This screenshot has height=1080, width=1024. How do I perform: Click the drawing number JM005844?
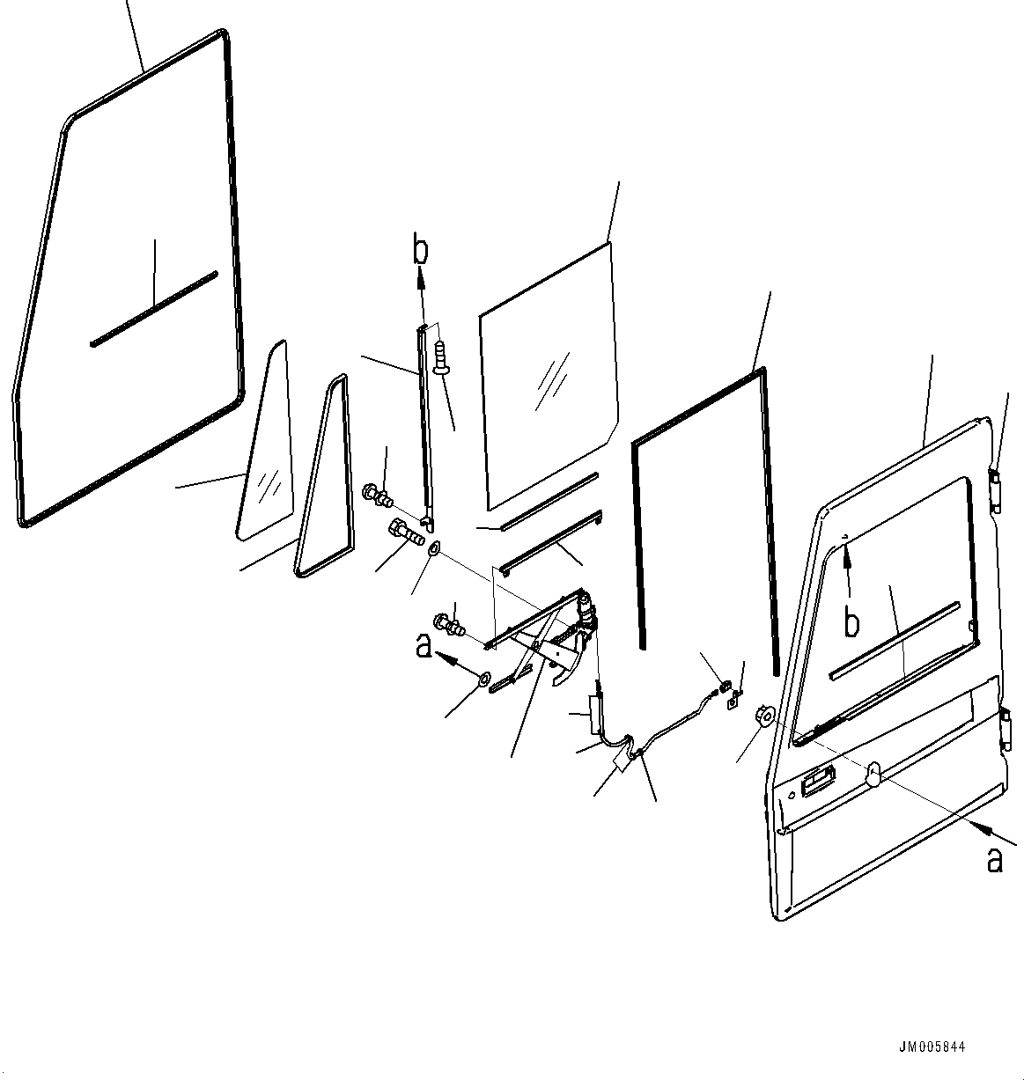(x=932, y=1047)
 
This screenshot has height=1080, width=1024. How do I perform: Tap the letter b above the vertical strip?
(x=421, y=251)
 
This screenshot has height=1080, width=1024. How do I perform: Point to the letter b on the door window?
(x=851, y=622)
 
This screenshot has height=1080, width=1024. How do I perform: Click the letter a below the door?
(x=995, y=861)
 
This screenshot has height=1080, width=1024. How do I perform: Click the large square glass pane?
(x=549, y=377)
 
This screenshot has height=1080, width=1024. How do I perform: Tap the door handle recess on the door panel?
(x=819, y=781)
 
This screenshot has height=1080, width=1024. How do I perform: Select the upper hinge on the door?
(x=996, y=490)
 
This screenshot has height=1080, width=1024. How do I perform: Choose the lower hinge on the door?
(x=1006, y=730)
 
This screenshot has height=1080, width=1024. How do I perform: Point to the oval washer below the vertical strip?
(x=434, y=547)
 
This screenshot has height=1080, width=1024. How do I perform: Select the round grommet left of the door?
(x=764, y=714)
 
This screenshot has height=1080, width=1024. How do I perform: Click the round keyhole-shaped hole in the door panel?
(x=873, y=775)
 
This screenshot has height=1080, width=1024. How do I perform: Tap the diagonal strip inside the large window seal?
(x=154, y=309)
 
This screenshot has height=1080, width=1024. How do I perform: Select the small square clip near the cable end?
(x=733, y=702)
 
